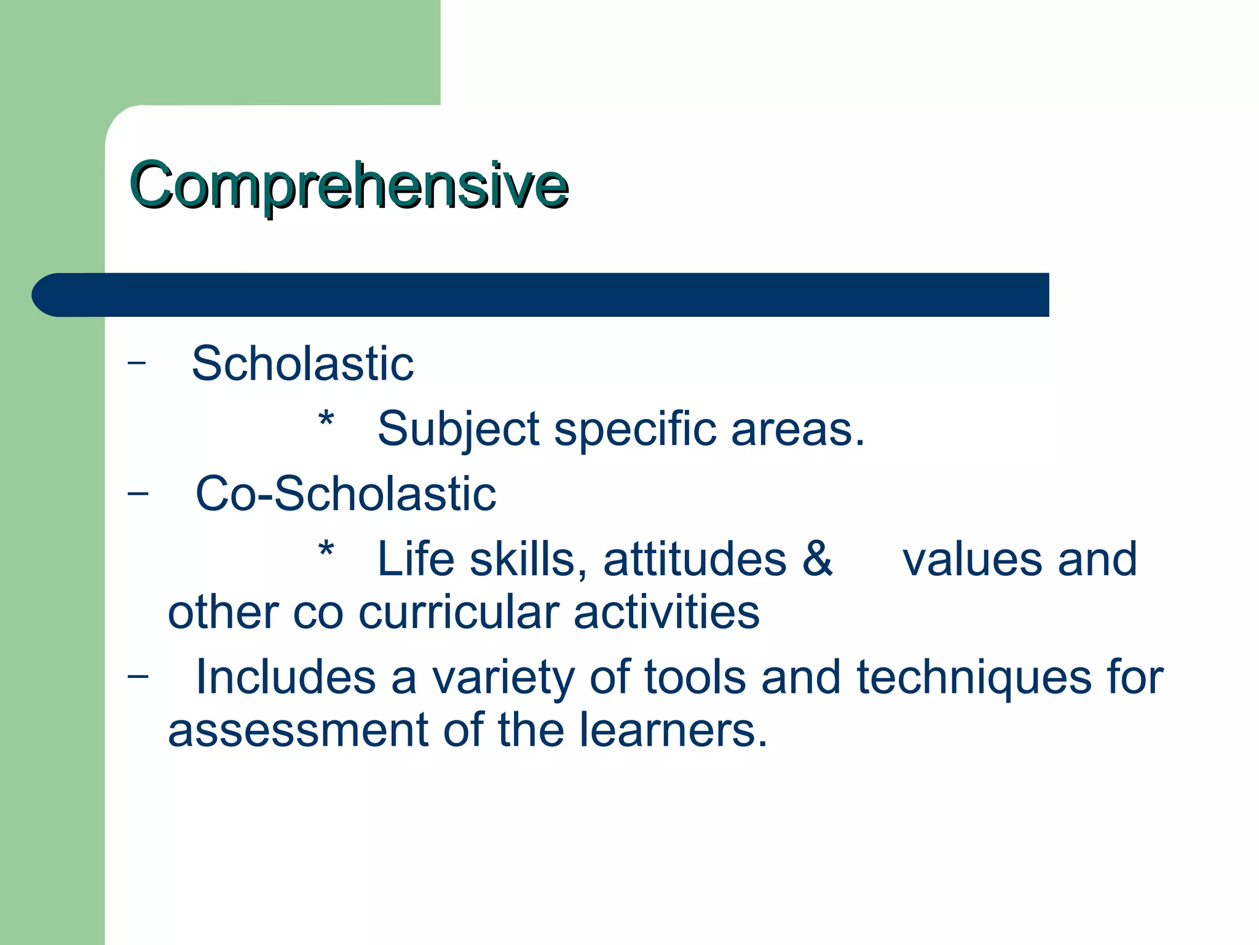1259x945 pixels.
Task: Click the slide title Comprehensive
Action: (x=349, y=185)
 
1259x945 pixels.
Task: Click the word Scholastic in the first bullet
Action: (x=302, y=364)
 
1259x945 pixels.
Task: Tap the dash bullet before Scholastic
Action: (x=136, y=363)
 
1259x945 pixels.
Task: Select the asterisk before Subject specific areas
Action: (x=326, y=420)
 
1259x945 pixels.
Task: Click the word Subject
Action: (x=459, y=429)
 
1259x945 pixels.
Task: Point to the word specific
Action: (x=635, y=429)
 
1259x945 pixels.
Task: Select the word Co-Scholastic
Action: (x=345, y=494)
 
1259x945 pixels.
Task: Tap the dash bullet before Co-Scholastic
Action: (x=138, y=493)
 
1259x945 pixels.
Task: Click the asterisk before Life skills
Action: (x=326, y=549)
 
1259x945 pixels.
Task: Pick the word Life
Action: (x=415, y=559)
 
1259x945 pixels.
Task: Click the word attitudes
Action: (x=695, y=559)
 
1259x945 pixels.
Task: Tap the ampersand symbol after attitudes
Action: (x=817, y=559)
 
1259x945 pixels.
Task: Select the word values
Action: (x=971, y=559)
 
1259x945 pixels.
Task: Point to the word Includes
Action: (x=285, y=677)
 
